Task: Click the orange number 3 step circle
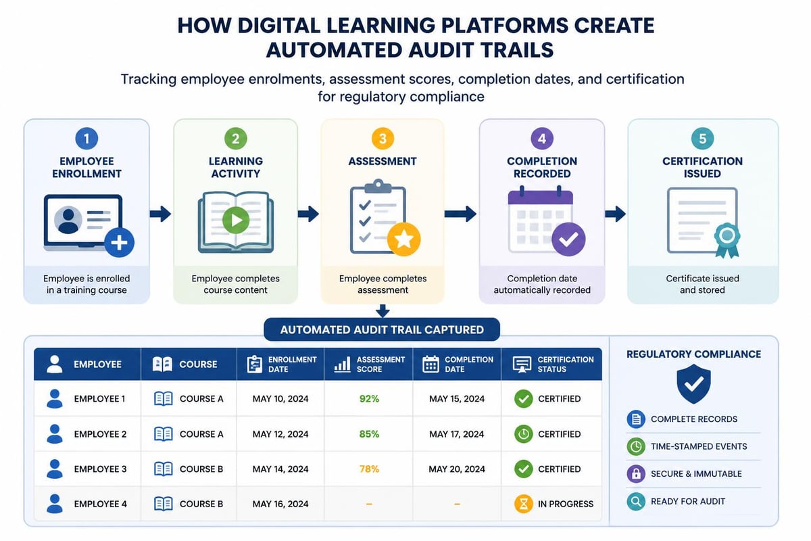(383, 139)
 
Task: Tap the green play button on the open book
(236, 220)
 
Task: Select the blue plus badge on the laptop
(119, 242)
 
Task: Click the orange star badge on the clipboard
(403, 239)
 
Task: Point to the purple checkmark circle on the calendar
(568, 239)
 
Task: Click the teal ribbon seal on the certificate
(727, 240)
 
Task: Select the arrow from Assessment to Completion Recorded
(460, 214)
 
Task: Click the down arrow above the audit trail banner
(383, 311)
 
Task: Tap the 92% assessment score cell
(369, 398)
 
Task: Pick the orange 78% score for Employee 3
(369, 469)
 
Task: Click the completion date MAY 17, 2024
(457, 433)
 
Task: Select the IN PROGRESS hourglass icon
(523, 504)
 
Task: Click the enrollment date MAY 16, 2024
(280, 504)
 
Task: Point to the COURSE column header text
(198, 364)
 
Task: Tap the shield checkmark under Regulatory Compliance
(693, 383)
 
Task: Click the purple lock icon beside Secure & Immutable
(636, 473)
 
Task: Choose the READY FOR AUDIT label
(688, 501)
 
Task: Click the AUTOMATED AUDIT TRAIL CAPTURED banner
(382, 329)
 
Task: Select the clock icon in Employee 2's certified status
(523, 433)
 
